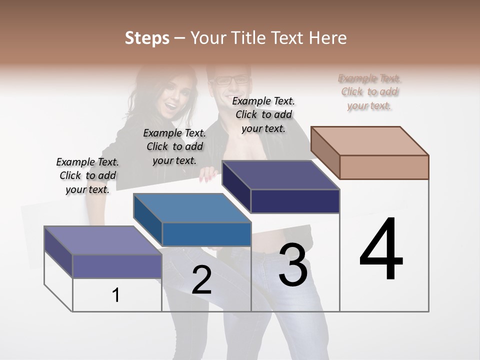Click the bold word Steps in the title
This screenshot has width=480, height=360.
tap(147, 38)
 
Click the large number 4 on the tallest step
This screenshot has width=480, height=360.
tap(381, 249)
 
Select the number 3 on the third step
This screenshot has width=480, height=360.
tap(293, 264)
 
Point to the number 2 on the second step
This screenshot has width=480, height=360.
tap(201, 280)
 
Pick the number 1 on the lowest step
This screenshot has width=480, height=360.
tap(116, 295)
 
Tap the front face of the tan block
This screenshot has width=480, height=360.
tap(384, 167)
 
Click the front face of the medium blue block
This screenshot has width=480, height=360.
tap(206, 234)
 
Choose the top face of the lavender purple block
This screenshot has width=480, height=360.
tap(102, 240)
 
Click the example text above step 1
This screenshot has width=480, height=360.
tap(87, 175)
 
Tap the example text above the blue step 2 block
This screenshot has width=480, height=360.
tap(174, 146)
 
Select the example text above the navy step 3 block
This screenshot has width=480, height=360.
tap(263, 114)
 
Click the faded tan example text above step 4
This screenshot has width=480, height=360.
tap(369, 91)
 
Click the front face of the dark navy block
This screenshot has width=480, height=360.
tap(295, 201)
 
